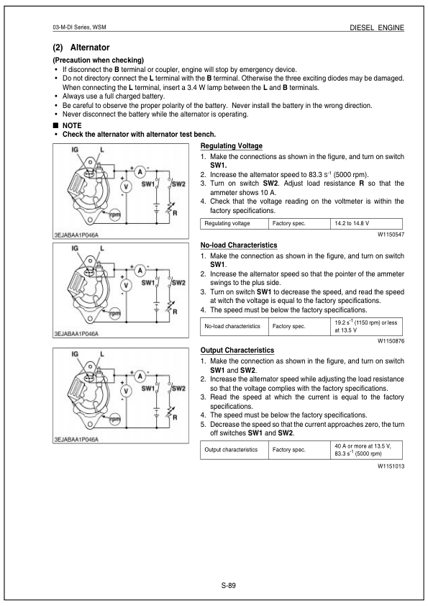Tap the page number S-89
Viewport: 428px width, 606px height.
[229, 584]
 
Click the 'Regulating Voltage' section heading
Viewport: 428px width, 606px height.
[231, 146]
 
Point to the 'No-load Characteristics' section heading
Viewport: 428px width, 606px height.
[238, 245]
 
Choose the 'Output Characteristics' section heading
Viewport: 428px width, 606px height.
[237, 350]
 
